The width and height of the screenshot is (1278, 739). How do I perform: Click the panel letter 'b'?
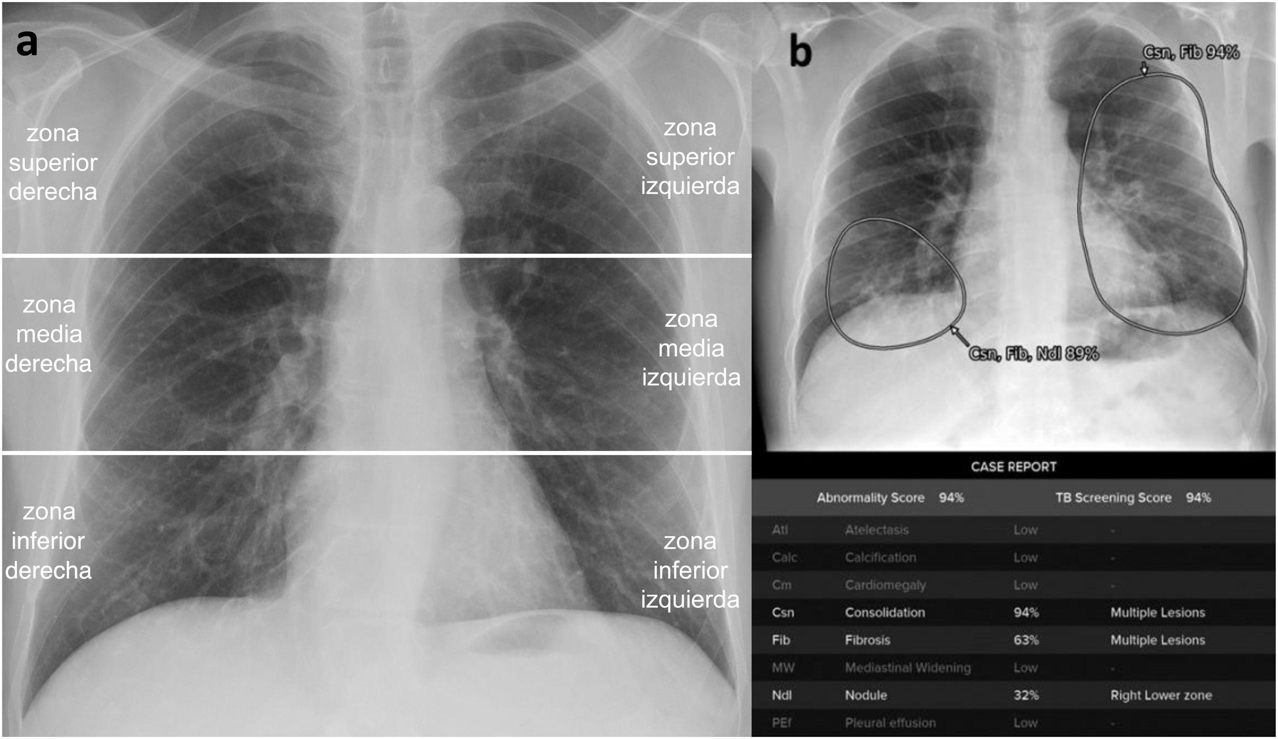tap(800, 52)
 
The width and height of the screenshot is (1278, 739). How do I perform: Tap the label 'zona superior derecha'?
tap(53, 163)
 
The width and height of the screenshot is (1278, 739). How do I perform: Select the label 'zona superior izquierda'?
tap(690, 157)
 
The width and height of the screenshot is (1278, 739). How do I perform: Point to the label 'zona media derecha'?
tap(49, 334)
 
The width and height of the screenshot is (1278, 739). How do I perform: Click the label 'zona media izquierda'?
tap(691, 349)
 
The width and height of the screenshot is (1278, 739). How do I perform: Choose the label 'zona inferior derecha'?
tap(48, 541)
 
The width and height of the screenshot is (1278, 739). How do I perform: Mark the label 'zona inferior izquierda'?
tap(690, 570)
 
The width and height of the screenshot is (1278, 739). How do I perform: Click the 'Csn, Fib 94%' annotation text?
tap(1191, 52)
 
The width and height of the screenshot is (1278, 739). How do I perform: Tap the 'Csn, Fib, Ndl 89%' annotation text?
tap(1033, 354)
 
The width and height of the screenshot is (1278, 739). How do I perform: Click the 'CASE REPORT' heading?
tap(1014, 467)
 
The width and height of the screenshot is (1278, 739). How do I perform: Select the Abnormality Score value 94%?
tap(951, 498)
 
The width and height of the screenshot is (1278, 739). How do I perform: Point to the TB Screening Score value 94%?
tap(1198, 498)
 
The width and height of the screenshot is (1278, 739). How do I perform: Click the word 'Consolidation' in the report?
tap(885, 613)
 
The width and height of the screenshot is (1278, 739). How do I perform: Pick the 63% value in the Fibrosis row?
tap(1026, 640)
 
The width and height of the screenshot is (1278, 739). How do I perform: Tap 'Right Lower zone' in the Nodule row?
tap(1161, 695)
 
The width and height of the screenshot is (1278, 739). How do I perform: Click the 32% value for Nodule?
tap(1026, 695)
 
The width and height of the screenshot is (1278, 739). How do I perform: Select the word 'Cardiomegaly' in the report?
tap(885, 585)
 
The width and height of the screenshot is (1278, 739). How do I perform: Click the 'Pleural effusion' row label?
tap(890, 723)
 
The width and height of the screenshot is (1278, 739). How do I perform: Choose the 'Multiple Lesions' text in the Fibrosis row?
tap(1158, 640)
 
